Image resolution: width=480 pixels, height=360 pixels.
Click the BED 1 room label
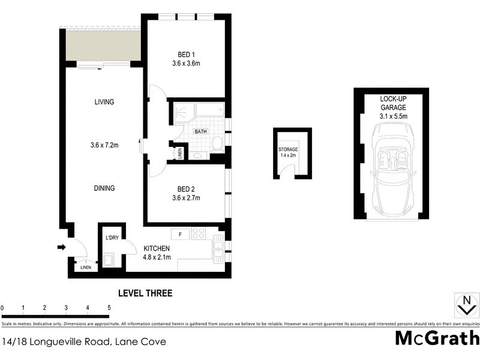point(185,52)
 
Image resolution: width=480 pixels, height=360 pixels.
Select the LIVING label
point(104,102)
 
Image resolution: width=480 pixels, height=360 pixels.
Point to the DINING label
point(104,188)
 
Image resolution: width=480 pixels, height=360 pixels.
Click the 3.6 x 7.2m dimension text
point(104,145)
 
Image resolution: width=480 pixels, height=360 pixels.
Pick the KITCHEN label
point(157,248)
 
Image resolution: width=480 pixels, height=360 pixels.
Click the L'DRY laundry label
point(112,238)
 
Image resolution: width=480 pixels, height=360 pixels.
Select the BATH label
point(200,131)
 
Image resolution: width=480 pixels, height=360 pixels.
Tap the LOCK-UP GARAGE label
point(394,103)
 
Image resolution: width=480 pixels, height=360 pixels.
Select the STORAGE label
point(288,149)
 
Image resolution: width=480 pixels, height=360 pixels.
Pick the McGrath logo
point(437,338)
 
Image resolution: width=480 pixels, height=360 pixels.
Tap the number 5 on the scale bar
point(109,308)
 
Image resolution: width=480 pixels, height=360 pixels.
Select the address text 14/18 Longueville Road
point(60,342)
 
